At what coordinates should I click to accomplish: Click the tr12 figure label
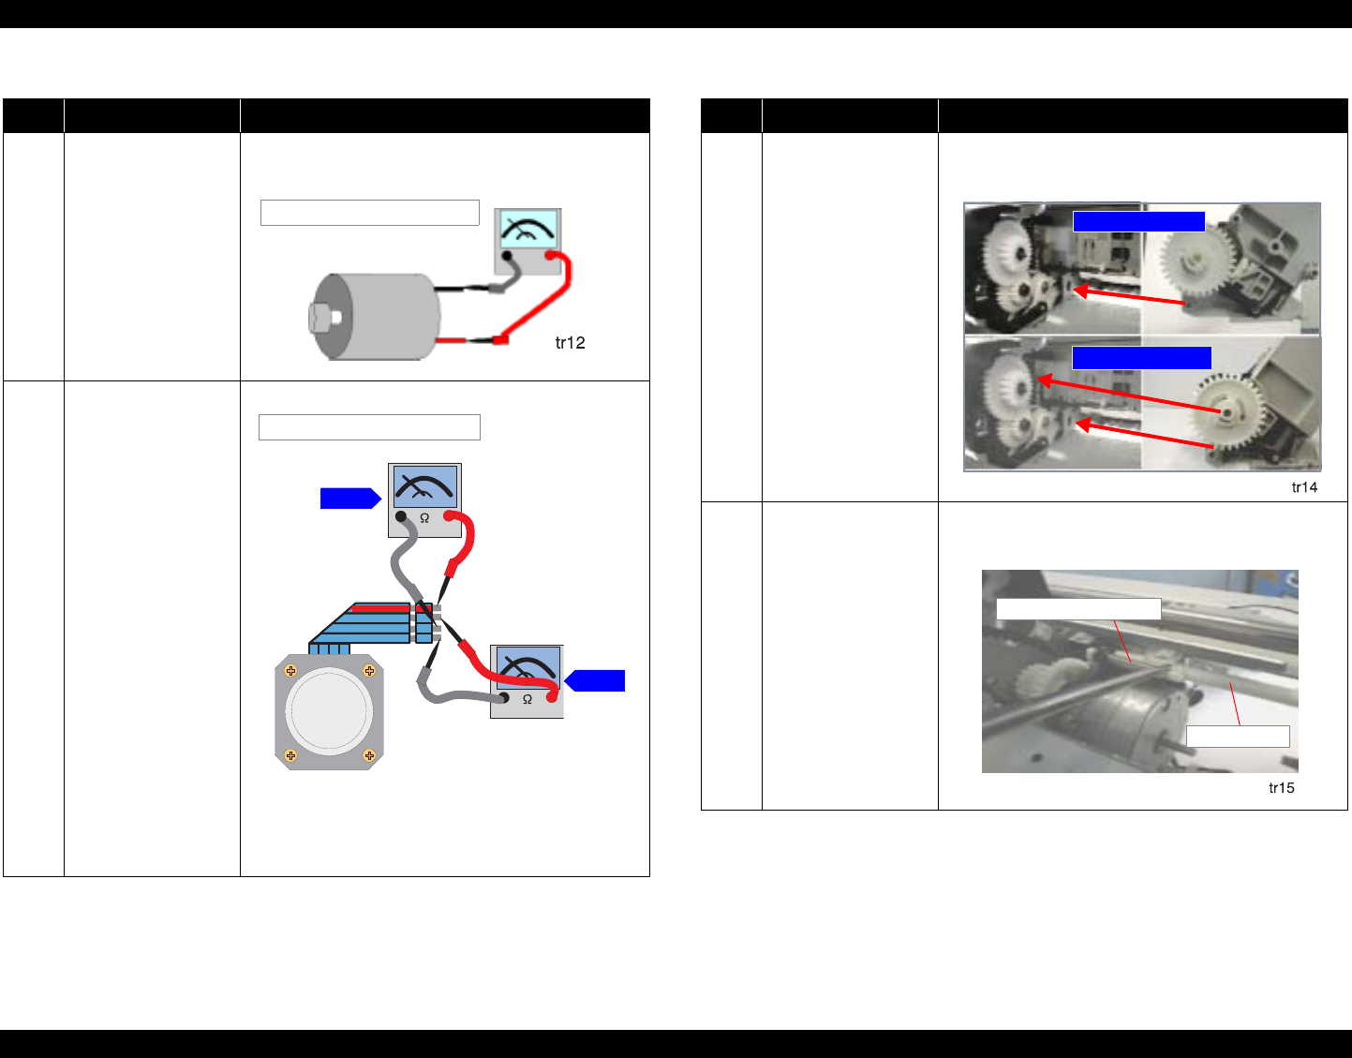tap(570, 343)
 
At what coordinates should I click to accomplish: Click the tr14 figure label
tap(1304, 487)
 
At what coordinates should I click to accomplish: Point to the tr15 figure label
tap(1281, 788)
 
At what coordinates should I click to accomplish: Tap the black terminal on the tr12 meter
tap(507, 256)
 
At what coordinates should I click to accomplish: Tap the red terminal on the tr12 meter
tap(551, 256)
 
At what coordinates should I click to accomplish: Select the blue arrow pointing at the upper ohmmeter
tap(350, 499)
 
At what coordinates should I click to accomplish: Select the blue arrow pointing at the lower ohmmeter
tap(595, 680)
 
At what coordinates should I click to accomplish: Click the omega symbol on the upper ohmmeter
tap(424, 518)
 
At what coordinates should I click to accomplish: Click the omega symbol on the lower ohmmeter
tap(527, 700)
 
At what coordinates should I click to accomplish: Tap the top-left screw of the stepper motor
tap(290, 670)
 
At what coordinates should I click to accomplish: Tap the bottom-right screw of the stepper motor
tap(369, 755)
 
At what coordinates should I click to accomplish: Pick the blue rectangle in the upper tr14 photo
tap(1138, 222)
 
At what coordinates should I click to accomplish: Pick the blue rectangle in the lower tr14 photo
tap(1142, 358)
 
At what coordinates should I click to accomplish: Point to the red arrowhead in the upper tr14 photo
tap(1081, 291)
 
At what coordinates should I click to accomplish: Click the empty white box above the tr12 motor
tap(369, 213)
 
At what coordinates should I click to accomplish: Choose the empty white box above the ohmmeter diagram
tap(369, 427)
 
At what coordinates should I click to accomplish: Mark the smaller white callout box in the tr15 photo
tap(1238, 737)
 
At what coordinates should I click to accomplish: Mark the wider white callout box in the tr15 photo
tap(1078, 609)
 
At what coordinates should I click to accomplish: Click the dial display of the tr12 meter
tap(527, 230)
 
